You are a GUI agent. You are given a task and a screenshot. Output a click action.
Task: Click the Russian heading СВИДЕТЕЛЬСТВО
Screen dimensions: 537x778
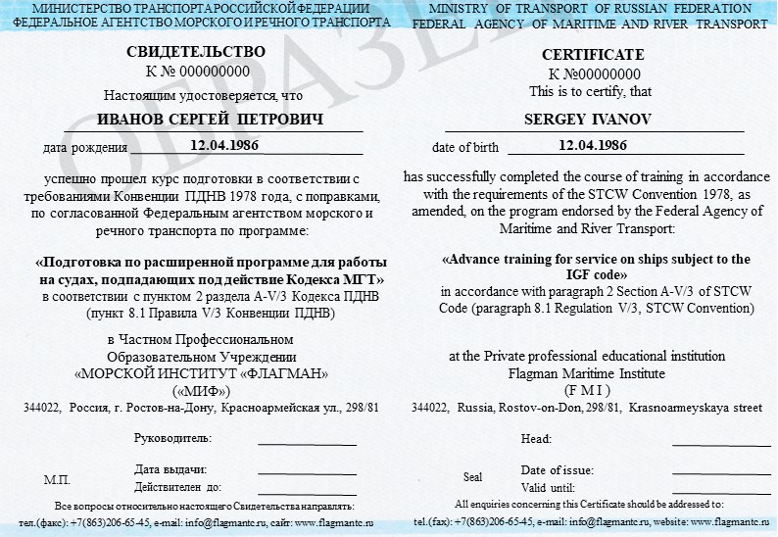(x=196, y=52)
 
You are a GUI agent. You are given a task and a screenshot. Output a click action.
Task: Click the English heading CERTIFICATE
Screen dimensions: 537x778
(x=594, y=55)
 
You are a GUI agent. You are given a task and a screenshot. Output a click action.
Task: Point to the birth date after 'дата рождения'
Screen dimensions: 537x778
(x=224, y=145)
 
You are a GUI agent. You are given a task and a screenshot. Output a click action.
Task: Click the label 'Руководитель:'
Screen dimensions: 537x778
(x=172, y=437)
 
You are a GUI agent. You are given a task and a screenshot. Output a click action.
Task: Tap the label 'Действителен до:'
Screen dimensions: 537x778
(x=178, y=486)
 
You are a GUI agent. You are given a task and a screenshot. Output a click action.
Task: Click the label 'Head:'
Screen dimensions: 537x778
(x=536, y=440)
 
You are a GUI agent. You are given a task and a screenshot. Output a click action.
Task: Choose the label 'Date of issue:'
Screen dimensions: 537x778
(x=558, y=469)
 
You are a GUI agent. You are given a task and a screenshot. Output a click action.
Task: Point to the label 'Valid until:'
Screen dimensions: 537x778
(x=548, y=487)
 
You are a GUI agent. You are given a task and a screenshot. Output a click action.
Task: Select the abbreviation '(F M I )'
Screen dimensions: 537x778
(x=587, y=389)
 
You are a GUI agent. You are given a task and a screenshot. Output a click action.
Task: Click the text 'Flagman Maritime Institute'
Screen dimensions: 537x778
(x=587, y=373)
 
